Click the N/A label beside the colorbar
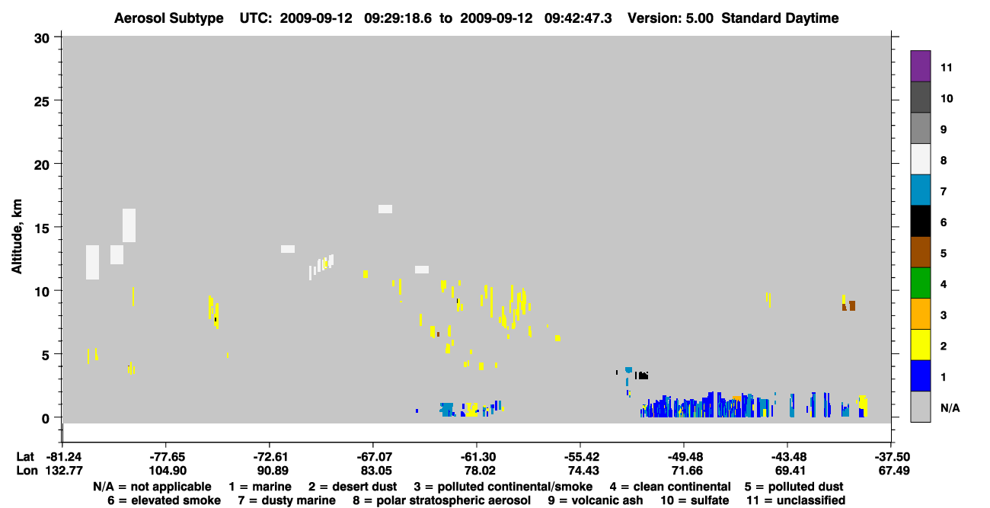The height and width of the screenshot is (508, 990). point(950,407)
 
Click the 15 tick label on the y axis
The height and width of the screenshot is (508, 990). point(42,228)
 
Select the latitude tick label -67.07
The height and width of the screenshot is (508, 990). point(373,457)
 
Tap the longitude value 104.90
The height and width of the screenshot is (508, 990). point(168,471)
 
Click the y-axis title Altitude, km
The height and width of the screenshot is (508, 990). point(16,237)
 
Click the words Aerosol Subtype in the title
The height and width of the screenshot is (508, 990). point(169,18)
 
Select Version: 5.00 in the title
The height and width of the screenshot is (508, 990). point(670,18)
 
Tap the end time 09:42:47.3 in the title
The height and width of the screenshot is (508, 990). point(578,18)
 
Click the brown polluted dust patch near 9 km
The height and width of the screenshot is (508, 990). point(849,306)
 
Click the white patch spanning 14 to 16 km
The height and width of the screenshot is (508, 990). point(129,225)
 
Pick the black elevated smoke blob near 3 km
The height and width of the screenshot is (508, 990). point(642,375)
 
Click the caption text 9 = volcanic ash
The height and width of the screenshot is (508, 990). point(596,500)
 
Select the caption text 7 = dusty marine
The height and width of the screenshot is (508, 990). point(286,500)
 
